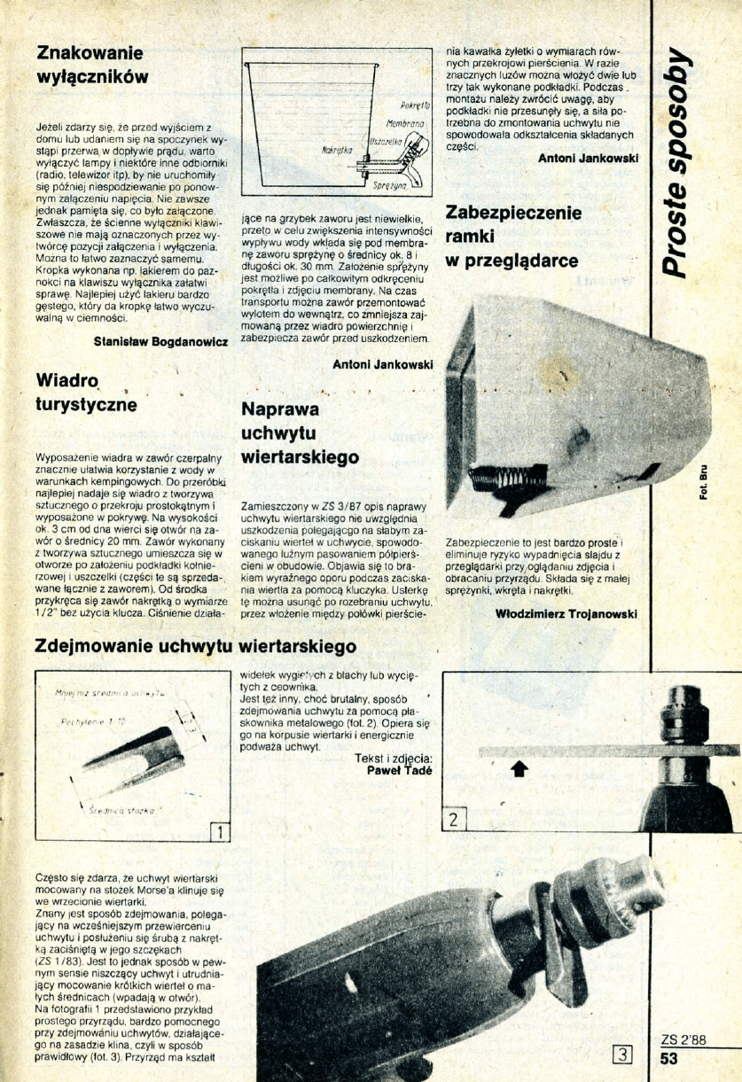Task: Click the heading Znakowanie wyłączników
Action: pyautogui.click(x=90, y=64)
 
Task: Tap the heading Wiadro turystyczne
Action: pyautogui.click(x=86, y=393)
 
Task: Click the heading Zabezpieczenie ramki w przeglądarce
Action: pyautogui.click(x=512, y=237)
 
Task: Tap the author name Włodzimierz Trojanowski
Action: pyautogui.click(x=566, y=613)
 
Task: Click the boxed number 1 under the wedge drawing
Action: pyautogui.click(x=219, y=831)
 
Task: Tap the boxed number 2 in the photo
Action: pyautogui.click(x=453, y=819)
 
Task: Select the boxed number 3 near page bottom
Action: pyautogui.click(x=624, y=1054)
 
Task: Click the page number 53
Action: pyautogui.click(x=669, y=1056)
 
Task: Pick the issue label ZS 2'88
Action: pyautogui.click(x=683, y=1040)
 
